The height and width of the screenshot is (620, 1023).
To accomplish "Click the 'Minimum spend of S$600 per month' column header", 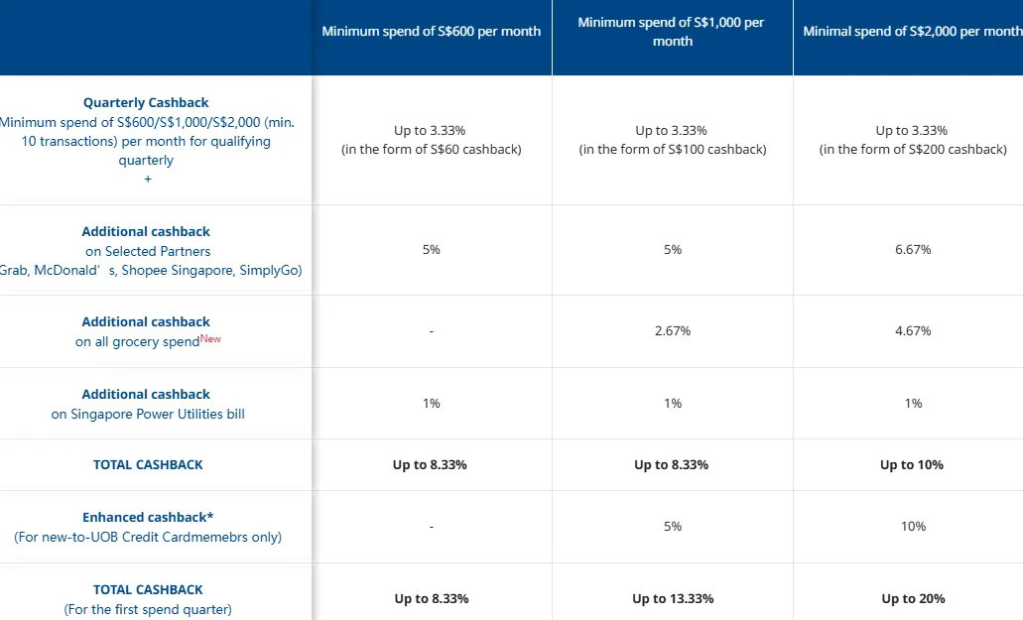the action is point(432,32).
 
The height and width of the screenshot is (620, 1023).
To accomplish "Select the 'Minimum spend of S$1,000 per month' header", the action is point(672,32).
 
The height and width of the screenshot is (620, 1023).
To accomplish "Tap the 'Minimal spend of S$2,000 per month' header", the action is point(913,32).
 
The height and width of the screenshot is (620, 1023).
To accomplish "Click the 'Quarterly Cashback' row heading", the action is point(146,102).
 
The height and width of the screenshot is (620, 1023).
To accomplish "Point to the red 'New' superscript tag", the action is point(210,338).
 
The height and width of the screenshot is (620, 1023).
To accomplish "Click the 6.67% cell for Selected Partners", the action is point(913,250).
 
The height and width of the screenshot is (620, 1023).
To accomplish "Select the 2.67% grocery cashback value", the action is point(673,331).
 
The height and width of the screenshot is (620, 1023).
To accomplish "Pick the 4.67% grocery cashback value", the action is point(913,331).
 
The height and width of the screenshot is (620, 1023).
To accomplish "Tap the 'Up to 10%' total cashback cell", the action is point(912,465).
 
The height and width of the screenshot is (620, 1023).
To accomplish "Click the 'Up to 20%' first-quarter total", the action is point(913,598).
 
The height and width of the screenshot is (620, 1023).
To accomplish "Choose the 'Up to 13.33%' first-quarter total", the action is point(673,598).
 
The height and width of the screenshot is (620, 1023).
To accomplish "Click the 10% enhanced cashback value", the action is point(913,526).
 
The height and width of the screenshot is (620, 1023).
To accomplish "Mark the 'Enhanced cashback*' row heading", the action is point(148,517).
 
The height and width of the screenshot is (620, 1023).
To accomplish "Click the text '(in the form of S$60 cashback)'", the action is point(432,149).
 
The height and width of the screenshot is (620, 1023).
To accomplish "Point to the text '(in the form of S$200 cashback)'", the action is point(913,149).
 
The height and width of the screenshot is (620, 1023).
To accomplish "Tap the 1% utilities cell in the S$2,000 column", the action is point(913,404).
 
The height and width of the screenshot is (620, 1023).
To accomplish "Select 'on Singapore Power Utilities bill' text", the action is point(148,414).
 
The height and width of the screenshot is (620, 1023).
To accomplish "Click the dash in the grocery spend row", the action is point(432,331).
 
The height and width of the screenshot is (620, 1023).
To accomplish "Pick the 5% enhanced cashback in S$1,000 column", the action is point(673,526).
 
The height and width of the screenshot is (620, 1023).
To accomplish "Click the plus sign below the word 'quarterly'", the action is point(148,179).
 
